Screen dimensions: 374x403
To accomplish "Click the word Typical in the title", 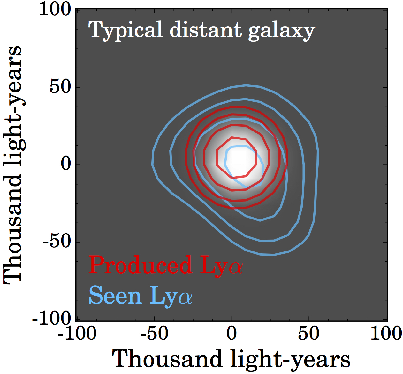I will (x=125, y=31).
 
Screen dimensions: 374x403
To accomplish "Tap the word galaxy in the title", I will (x=281, y=31).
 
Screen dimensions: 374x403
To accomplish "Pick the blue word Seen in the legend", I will (x=115, y=295).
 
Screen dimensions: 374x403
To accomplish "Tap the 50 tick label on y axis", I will (x=60, y=87).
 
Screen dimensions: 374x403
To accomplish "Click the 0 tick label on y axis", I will (x=65, y=164).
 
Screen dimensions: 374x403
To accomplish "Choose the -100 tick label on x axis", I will (x=77, y=334).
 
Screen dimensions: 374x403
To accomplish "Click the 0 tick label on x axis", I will (x=232, y=334).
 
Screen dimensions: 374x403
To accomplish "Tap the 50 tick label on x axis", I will (x=309, y=334).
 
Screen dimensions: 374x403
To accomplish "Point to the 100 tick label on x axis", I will (x=386, y=334).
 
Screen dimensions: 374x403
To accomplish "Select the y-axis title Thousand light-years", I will (x=13, y=165).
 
